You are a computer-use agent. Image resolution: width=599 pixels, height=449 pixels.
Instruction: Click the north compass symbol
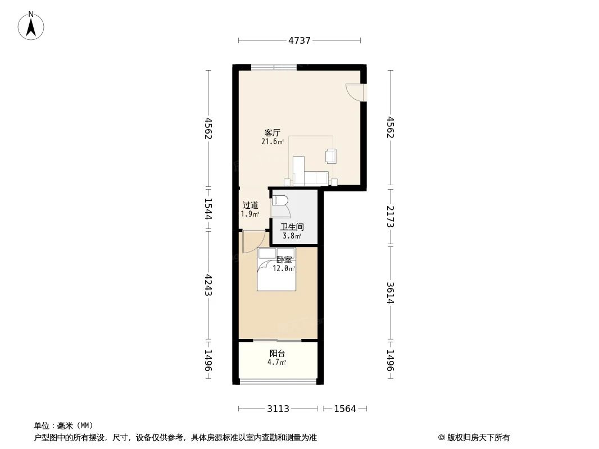click(31, 25)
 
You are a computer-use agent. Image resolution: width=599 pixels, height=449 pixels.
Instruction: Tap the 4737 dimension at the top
click(299, 40)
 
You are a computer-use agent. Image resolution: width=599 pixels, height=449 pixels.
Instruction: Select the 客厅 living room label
click(273, 133)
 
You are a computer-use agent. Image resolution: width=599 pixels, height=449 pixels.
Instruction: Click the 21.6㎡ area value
click(273, 142)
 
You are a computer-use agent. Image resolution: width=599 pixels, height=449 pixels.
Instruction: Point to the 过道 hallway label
click(250, 205)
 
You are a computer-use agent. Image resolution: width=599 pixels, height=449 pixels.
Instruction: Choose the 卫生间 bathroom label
click(292, 227)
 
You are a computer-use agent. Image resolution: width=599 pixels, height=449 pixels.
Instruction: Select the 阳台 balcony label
click(277, 354)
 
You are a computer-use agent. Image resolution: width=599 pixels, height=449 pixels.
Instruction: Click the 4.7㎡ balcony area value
click(277, 363)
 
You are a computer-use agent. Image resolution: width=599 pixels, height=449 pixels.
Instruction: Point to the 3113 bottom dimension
click(278, 409)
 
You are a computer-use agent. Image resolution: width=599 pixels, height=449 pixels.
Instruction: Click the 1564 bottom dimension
click(345, 409)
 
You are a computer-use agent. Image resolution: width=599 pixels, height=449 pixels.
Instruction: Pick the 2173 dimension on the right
click(391, 216)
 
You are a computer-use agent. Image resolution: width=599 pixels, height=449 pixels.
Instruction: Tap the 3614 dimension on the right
click(391, 292)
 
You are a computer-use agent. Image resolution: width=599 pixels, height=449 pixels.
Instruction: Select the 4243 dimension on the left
click(208, 285)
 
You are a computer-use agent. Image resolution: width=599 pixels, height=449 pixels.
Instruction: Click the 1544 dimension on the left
click(208, 208)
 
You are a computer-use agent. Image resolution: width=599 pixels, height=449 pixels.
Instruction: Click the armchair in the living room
click(331, 156)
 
